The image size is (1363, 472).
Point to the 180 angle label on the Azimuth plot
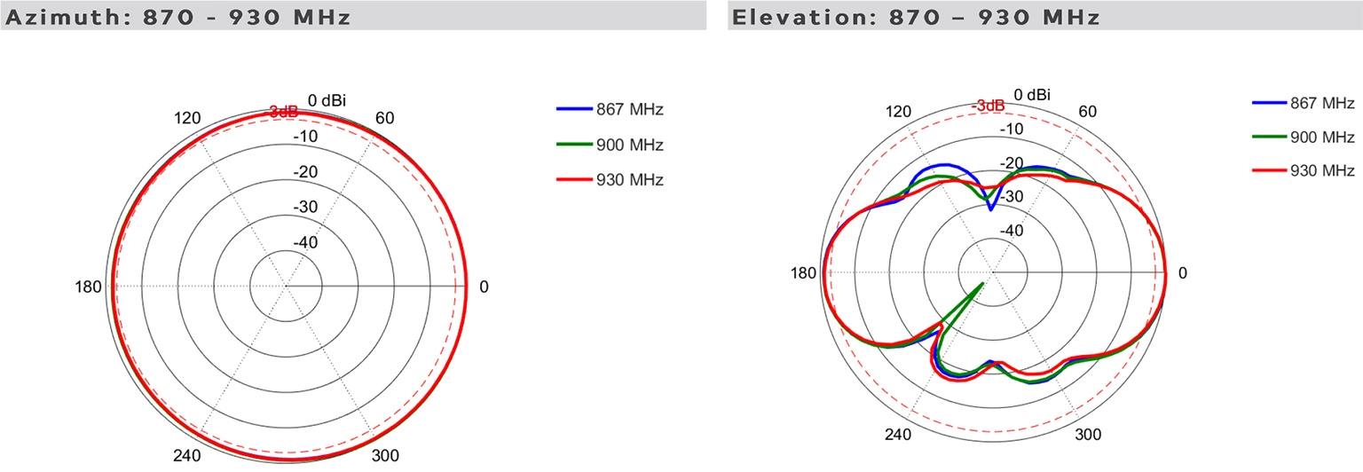coord(91,287)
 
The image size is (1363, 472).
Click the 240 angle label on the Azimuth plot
coord(188,456)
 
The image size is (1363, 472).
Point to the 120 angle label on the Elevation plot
coord(899,112)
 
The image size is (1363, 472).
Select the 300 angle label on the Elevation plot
coord(1088,435)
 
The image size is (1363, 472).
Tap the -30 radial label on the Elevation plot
coord(1013,196)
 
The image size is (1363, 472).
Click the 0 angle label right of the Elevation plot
coord(1182,273)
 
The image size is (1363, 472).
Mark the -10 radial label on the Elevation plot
coord(1013,130)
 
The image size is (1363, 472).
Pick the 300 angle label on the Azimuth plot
coord(383,456)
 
